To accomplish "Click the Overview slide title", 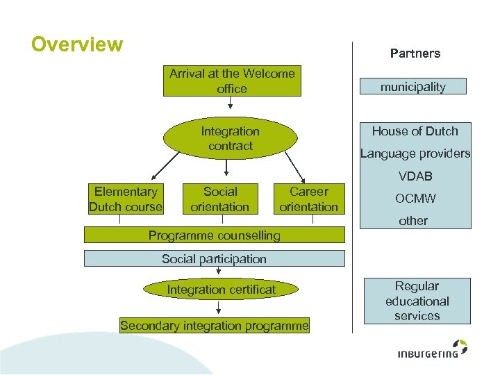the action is [x=77, y=44].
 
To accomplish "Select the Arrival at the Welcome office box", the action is [x=232, y=81].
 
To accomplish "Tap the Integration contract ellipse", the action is [x=231, y=138].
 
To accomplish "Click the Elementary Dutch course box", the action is [x=126, y=199].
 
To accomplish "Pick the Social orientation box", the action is [x=220, y=199].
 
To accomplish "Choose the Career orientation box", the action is [x=309, y=199].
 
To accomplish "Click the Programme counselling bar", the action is [x=215, y=235].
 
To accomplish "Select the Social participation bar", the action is [x=215, y=258].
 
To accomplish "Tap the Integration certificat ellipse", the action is [x=221, y=289].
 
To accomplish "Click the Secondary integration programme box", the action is [x=215, y=326].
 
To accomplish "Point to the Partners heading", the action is [x=415, y=53].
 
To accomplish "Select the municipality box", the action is [x=413, y=86].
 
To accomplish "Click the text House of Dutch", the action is [x=415, y=131].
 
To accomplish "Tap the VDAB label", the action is [x=415, y=176].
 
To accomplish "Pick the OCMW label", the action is [x=415, y=199].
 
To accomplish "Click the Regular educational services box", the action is [x=417, y=301].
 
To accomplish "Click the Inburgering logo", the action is [x=433, y=349].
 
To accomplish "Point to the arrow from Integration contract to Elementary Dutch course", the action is [x=165, y=166].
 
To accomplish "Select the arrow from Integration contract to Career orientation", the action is [x=295, y=168].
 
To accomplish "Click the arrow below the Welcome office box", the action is [x=231, y=103].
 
